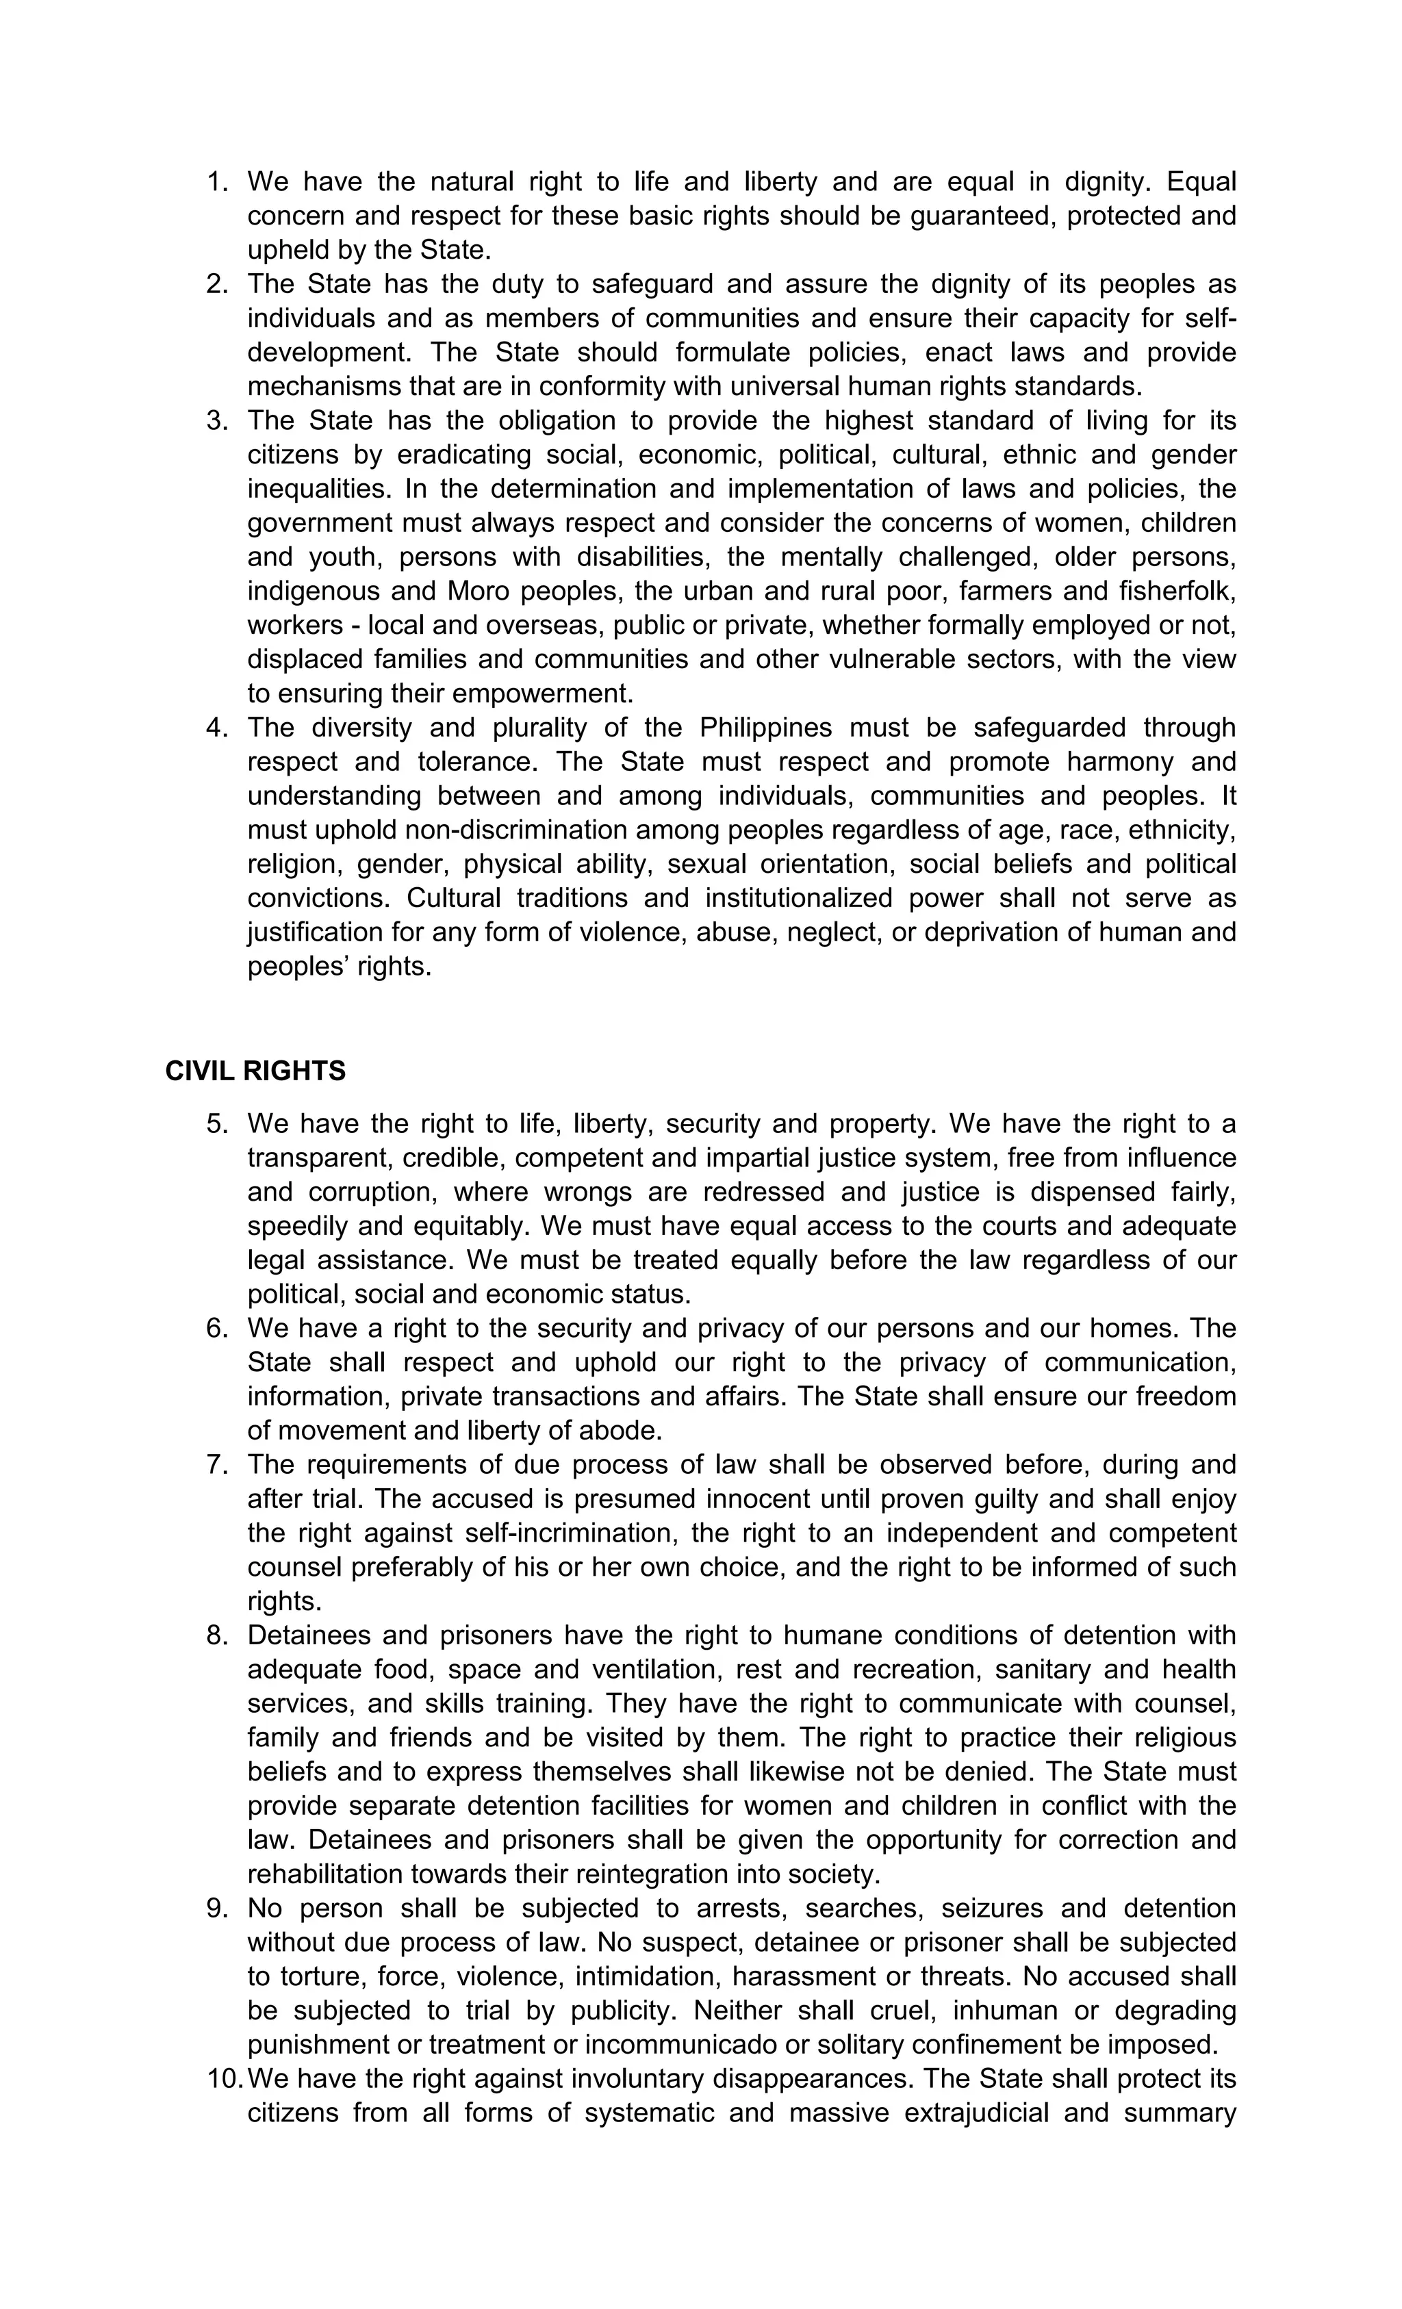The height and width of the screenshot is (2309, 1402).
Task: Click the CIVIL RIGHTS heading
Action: pos(255,1071)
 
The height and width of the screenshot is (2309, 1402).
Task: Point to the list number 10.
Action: pos(225,2078)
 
